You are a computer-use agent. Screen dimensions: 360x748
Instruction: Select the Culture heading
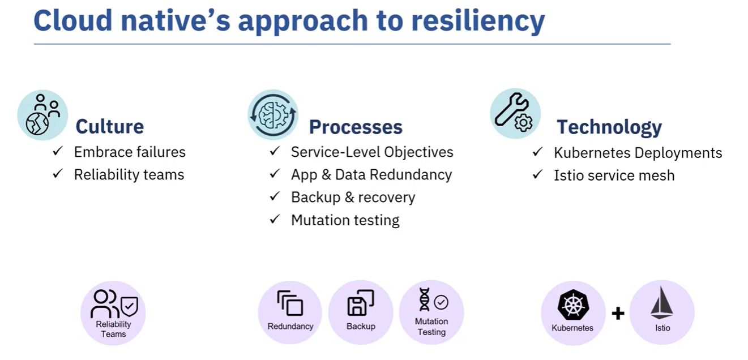[x=110, y=126]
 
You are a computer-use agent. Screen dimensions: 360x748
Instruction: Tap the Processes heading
[x=356, y=127]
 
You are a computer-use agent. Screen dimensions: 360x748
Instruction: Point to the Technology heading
[x=609, y=127]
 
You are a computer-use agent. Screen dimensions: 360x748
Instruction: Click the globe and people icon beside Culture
[x=42, y=115]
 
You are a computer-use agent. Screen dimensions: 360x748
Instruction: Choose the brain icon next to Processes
[x=273, y=115]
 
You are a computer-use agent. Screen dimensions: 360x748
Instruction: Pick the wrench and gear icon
[x=515, y=113]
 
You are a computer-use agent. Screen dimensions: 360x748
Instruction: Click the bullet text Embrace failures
[x=130, y=152]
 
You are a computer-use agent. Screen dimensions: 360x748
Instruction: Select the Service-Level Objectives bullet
[x=372, y=152]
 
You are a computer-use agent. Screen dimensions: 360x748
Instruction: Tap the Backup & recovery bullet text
[x=353, y=197]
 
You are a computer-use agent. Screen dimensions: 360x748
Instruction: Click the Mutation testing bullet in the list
[x=345, y=220]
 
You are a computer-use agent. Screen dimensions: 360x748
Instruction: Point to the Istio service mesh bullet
[x=614, y=175]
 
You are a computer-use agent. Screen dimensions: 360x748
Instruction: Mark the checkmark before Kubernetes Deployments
[x=537, y=152]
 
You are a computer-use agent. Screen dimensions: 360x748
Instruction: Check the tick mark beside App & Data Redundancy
[x=275, y=174]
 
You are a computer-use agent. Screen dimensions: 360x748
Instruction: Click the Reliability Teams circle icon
[x=113, y=312]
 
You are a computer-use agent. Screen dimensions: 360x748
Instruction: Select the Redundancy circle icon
[x=290, y=312]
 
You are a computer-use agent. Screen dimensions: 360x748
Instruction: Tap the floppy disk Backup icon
[x=360, y=303]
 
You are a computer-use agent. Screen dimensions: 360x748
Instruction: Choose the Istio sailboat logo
[x=662, y=303]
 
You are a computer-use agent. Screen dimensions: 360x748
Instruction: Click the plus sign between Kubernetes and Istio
[x=618, y=313]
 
